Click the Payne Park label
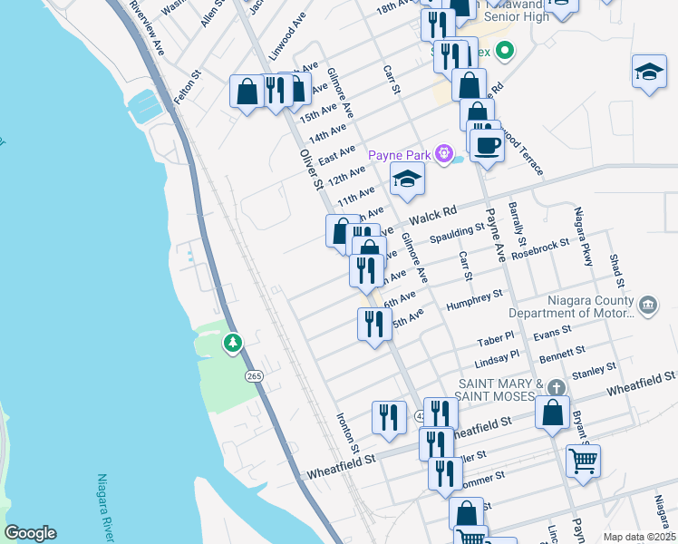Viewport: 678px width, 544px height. click(400, 155)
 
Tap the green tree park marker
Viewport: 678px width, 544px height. click(234, 343)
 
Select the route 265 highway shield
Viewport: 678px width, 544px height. click(254, 375)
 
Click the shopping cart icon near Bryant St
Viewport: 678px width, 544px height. click(583, 460)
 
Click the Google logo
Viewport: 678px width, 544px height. click(30, 533)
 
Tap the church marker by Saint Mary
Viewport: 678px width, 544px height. click(555, 387)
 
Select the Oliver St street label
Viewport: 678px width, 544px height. click(311, 169)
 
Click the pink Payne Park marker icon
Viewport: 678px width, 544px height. click(444, 153)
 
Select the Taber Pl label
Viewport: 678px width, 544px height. click(496, 341)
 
